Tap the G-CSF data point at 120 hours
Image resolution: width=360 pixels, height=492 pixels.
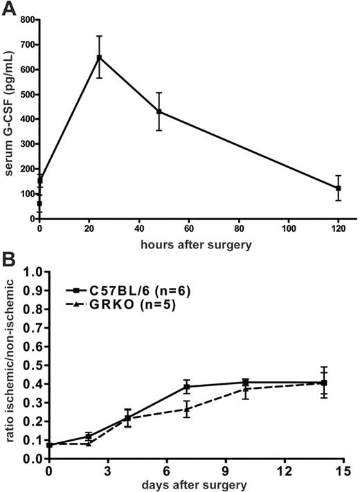point(338,188)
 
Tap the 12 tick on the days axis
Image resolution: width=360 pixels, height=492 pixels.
point(285,469)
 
